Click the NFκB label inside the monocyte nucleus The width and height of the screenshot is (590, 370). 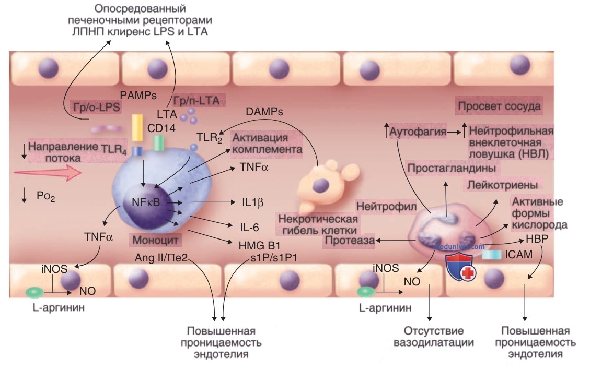(146, 202)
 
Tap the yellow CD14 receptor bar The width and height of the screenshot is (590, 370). (136, 127)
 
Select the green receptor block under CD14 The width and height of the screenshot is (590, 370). (159, 143)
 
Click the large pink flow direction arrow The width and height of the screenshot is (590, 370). (48, 173)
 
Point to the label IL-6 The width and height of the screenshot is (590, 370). (249, 227)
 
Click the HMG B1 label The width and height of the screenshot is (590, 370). (259, 246)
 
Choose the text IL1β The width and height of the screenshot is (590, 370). (252, 202)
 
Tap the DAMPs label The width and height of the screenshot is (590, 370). (264, 112)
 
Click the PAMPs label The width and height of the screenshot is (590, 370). (138, 96)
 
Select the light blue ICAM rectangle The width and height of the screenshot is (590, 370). (491, 255)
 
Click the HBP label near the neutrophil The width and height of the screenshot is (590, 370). (537, 239)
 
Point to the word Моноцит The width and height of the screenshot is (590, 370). (155, 240)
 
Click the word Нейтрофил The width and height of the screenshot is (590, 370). (386, 206)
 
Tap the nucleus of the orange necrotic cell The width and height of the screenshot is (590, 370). (321, 185)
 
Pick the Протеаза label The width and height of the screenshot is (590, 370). (350, 241)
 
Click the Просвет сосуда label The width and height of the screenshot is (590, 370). (499, 106)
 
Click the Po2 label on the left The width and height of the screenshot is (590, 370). (46, 196)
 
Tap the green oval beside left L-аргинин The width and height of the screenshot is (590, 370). (34, 292)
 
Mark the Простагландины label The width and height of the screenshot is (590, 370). (451, 168)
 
